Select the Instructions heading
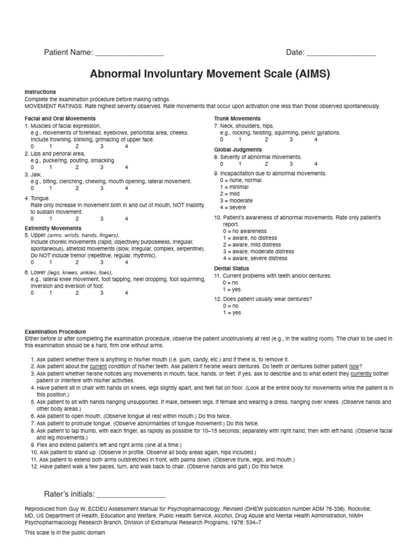[x=40, y=92]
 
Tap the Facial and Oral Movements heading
[x=60, y=119]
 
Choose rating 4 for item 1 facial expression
[x=126, y=147]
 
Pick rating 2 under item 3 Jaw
[x=77, y=188]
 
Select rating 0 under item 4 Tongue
[x=32, y=219]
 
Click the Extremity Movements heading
[x=53, y=228]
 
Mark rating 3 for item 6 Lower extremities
[x=102, y=293]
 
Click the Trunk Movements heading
[x=237, y=119]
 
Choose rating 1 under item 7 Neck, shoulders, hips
[x=240, y=139]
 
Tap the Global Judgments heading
[x=238, y=150]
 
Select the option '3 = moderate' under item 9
[x=236, y=201]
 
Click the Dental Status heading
[x=231, y=269]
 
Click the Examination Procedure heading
[x=55, y=332]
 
